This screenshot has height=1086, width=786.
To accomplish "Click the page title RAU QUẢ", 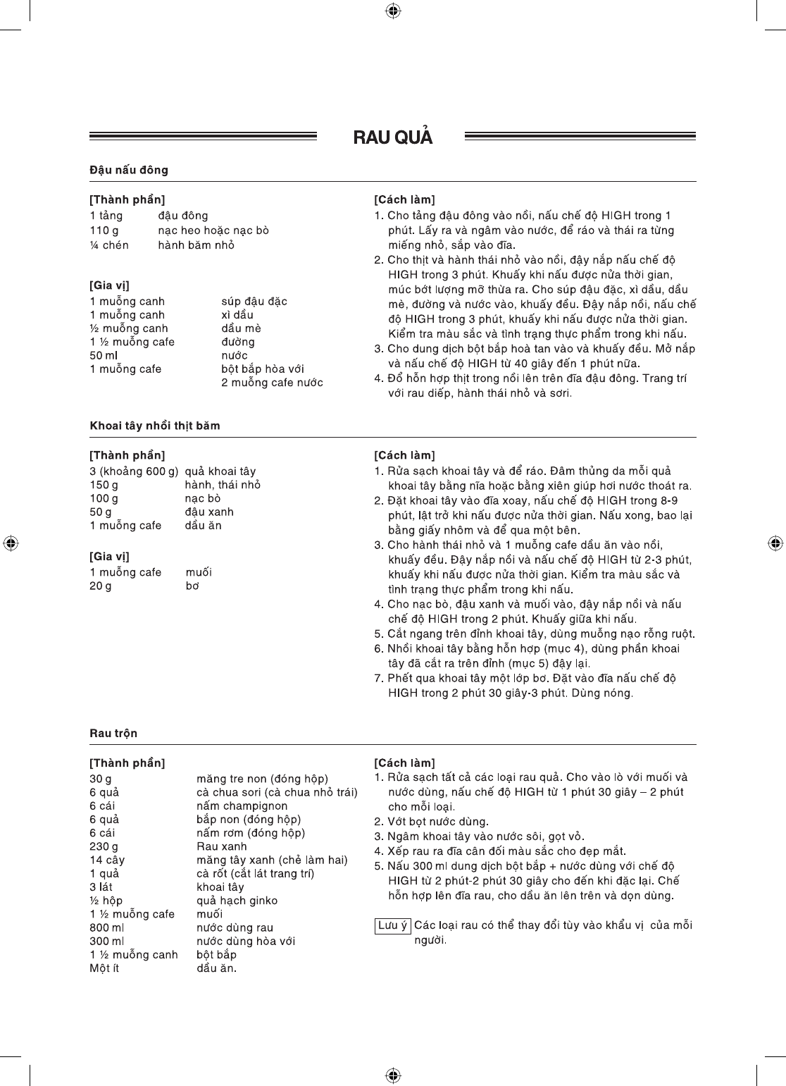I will pos(392,137).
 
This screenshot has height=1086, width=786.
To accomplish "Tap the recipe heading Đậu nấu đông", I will pos(129,170).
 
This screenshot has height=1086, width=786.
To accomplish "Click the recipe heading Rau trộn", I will pos(113,733).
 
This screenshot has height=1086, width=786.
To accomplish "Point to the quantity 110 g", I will pos(104,230).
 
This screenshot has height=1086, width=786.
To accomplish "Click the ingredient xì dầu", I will pos(237,315).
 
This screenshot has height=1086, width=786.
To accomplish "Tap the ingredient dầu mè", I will pos(241,328).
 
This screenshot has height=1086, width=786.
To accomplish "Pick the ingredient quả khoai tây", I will pos(220,471).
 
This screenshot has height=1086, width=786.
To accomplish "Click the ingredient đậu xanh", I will pos(209,512).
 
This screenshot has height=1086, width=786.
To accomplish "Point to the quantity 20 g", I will pos(100,586).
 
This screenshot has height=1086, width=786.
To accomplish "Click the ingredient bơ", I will pos(192,586).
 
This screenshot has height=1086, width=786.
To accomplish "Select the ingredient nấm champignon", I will pos(242,806).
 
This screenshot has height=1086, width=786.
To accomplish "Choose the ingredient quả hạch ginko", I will pos(237,901).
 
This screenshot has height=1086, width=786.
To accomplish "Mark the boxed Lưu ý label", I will pos(392,925).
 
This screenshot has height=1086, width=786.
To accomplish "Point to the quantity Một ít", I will pos(104,968).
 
